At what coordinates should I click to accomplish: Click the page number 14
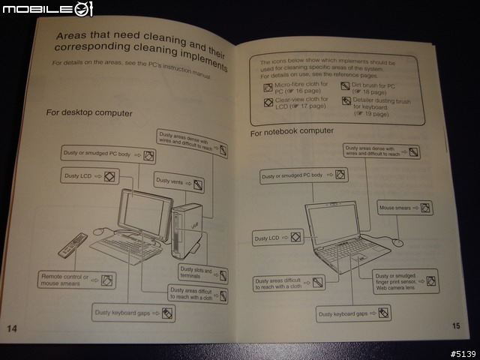13,328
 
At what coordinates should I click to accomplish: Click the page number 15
457,325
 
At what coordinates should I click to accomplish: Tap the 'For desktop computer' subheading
89,112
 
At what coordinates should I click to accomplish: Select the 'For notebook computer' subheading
292,132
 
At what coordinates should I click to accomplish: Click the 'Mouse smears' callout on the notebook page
405,207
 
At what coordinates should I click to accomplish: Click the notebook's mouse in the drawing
397,241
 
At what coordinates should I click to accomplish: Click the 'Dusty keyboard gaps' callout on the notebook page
353,313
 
